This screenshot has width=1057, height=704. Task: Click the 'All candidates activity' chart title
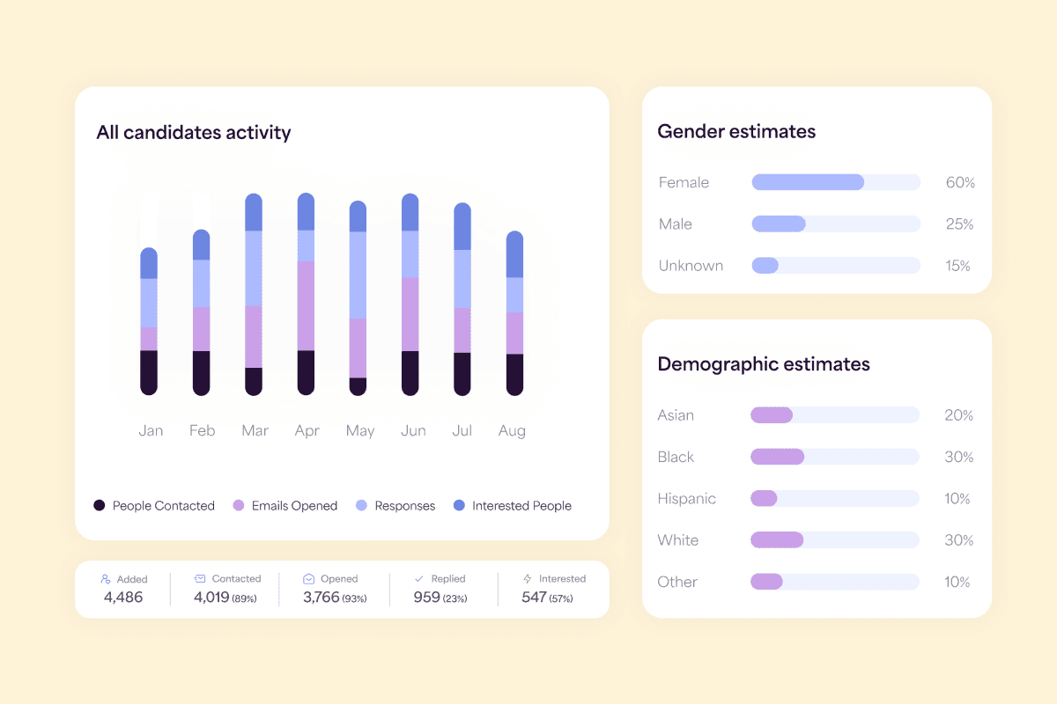[194, 133]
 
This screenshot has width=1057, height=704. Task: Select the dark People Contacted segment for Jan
[149, 372]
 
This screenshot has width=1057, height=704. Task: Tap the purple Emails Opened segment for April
[306, 305]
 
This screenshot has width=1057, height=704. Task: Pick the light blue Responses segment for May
[358, 275]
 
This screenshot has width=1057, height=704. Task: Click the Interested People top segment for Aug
[514, 255]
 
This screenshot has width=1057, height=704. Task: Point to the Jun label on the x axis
[412, 430]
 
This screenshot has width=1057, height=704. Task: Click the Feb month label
[203, 430]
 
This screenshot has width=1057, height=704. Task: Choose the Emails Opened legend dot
[238, 506]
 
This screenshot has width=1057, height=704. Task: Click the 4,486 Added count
[123, 598]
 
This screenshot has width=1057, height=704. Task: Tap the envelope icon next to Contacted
[200, 579]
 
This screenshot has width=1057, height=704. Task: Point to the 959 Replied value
[427, 598]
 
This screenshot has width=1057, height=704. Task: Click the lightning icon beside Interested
[528, 579]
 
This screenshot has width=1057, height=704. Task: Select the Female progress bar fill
[808, 182]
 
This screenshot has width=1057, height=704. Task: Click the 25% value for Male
[959, 224]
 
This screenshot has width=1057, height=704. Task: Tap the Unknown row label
[691, 266]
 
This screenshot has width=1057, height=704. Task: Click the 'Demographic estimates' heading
[764, 364]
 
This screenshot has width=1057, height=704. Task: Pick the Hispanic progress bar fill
[764, 499]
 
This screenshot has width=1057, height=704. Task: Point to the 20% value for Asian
[958, 415]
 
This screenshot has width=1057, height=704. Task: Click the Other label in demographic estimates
[677, 582]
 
